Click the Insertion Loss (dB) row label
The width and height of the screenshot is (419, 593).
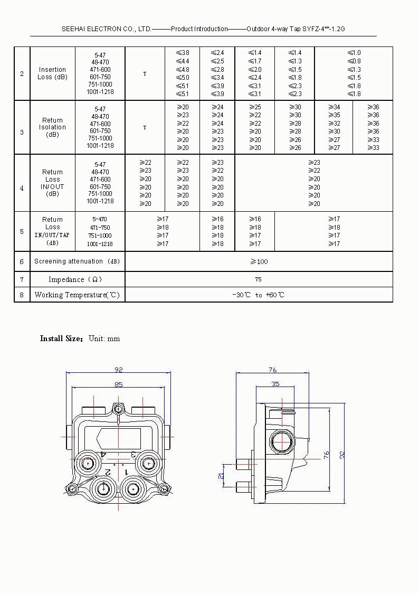52,73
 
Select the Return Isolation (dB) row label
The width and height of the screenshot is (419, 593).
52,127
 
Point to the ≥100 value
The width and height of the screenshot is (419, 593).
259,261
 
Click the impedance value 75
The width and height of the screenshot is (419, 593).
258,279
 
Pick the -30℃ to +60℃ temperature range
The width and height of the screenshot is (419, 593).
258,295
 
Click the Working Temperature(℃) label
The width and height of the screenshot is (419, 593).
78,295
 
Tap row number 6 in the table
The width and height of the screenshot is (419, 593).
22,261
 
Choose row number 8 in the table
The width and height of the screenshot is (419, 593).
22,295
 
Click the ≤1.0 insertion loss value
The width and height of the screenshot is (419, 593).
354,53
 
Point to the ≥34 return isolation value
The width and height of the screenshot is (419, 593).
334,107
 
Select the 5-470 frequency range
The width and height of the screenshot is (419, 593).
100,219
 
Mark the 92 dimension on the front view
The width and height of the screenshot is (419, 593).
119,370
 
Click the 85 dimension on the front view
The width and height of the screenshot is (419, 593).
119,384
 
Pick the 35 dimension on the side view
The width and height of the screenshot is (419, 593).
275,384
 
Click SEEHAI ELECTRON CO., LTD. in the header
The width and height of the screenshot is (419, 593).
107,29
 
